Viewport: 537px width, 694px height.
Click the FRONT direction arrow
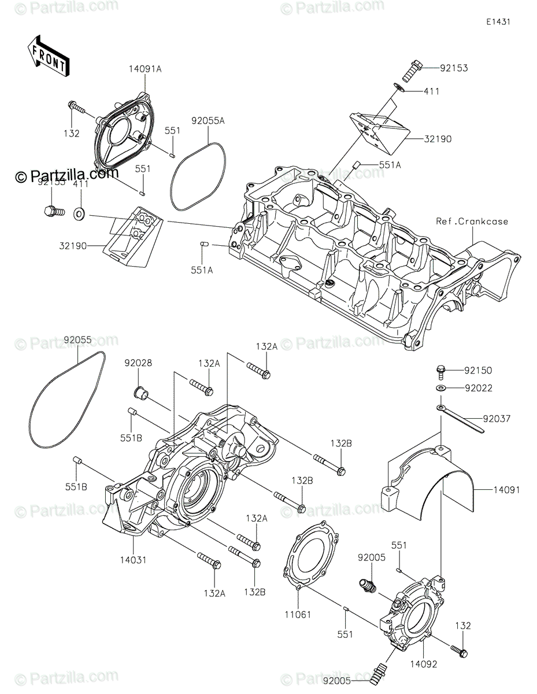click(48, 56)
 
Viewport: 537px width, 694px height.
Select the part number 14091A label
click(145, 69)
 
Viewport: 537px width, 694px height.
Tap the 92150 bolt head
click(440, 370)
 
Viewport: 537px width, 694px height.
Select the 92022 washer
click(441, 388)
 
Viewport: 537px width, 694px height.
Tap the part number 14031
click(134, 559)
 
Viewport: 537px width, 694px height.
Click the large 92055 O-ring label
click(79, 340)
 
